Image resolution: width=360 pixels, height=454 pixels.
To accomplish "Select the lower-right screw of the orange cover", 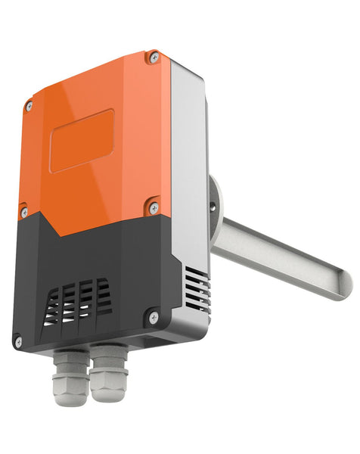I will click(x=154, y=205).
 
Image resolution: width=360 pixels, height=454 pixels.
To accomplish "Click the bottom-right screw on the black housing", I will click(x=154, y=318).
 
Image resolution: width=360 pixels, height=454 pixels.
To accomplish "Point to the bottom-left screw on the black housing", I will click(x=18, y=341).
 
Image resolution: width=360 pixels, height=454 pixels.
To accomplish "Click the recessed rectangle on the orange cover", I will click(x=82, y=140).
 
